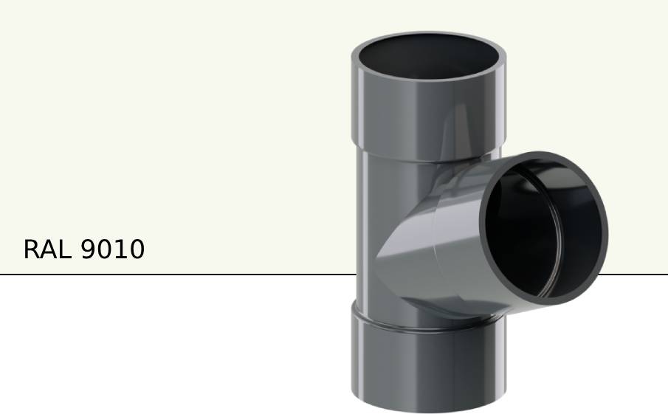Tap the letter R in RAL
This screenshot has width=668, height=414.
coord(32,249)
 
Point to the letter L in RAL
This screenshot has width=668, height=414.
coord(65,249)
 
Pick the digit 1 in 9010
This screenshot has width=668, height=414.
coord(120,249)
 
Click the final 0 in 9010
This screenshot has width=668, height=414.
coord(137,249)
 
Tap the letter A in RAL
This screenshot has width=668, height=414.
coord(48,249)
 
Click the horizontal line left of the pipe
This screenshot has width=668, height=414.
coord(177,275)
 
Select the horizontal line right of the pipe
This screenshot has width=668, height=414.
coord(635,275)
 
